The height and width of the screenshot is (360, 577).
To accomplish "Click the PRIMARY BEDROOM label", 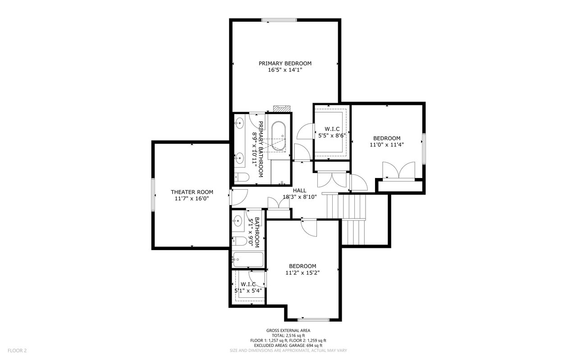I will click(285, 64).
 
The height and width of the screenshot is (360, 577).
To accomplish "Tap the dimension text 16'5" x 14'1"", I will click(285, 70).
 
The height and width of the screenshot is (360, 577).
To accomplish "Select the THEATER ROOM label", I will click(192, 192).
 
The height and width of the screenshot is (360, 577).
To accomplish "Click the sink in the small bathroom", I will click(238, 221).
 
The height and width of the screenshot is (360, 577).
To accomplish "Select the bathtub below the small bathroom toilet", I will click(248, 260).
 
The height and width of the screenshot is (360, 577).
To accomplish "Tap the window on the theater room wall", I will click(153, 194).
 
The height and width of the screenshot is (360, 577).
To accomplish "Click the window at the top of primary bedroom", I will click(279, 19).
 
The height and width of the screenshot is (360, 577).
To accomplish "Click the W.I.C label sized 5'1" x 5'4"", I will click(248, 284).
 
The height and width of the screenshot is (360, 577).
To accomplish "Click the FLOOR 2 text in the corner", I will click(17, 350).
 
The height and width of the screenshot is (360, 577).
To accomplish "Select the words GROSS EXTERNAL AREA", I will click(288, 330).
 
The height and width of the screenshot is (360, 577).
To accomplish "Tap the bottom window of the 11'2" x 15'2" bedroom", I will click(313, 320).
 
